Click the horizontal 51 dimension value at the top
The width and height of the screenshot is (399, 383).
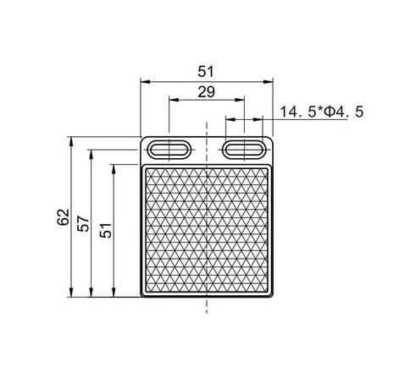(x=206, y=72)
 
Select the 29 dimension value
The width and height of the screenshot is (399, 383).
(x=207, y=92)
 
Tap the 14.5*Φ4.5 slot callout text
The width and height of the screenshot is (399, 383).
(x=322, y=112)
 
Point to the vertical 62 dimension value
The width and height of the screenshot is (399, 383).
(x=64, y=216)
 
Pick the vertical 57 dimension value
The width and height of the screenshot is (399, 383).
(x=84, y=223)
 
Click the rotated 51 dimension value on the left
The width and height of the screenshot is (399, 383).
(x=106, y=230)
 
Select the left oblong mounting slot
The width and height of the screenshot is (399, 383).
(x=169, y=150)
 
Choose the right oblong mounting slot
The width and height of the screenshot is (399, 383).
(x=244, y=150)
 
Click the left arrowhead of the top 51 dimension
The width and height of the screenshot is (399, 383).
(x=145, y=82)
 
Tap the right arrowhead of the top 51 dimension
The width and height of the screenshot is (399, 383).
(x=269, y=82)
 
